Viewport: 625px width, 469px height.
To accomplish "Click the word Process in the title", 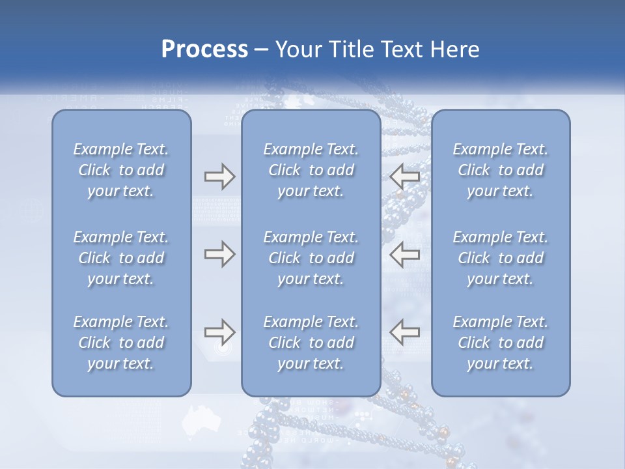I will (204, 50).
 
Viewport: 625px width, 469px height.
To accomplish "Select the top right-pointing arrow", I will (219, 177).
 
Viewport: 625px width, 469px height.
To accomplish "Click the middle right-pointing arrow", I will (219, 253).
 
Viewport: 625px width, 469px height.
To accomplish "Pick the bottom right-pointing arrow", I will (219, 332).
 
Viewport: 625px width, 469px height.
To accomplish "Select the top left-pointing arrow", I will (405, 177).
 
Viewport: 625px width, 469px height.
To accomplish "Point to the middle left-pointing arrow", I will (405, 253).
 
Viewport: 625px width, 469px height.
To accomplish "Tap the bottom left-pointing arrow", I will (405, 332).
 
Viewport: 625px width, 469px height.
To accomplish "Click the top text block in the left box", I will (121, 170).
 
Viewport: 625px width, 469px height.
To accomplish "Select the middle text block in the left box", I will (121, 258).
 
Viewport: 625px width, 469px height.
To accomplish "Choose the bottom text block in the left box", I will (121, 343).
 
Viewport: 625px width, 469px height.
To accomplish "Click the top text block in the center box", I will (311, 170).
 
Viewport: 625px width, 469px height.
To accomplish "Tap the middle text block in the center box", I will (311, 258).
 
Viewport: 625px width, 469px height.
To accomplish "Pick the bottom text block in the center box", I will (311, 343).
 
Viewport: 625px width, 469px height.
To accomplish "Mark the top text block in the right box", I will (500, 170).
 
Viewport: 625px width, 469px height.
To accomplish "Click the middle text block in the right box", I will (500, 258).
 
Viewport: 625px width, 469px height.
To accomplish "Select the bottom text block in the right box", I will (500, 343).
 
